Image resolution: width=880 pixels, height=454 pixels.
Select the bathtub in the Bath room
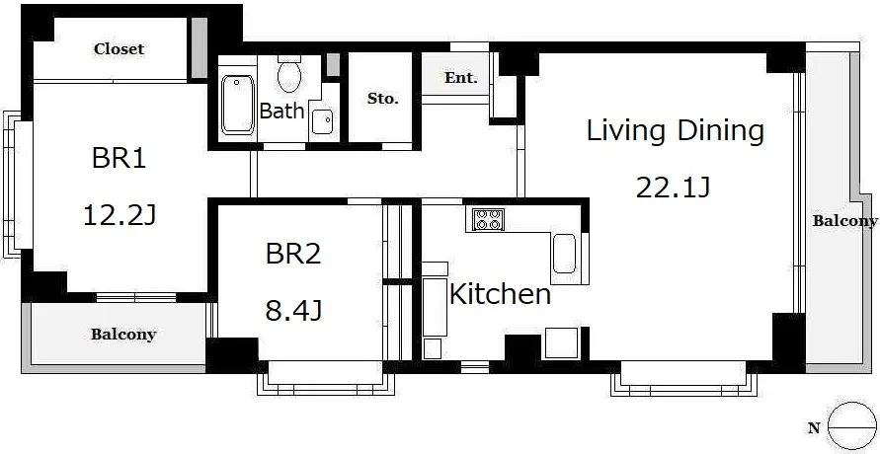237,105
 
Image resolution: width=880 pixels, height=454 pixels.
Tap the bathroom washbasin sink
322,121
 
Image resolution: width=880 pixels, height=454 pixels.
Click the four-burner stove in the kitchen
488,219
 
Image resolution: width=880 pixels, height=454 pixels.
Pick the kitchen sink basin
564,254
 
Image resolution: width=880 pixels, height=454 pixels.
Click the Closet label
119,49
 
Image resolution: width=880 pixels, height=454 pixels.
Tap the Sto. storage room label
383,100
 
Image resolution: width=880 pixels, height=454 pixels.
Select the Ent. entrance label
461,77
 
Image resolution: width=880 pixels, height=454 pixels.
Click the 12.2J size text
119,215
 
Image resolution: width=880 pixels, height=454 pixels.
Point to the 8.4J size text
293,311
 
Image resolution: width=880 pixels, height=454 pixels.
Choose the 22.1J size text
674,188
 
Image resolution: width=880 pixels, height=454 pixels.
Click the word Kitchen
500,294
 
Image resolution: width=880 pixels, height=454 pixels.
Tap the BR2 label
293,254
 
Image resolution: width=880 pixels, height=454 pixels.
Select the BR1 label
119,159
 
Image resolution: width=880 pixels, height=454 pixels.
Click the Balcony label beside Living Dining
844,221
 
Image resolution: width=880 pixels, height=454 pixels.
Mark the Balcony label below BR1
123,335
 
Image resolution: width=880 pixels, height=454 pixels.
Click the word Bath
281,111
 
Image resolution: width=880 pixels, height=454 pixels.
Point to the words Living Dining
676,131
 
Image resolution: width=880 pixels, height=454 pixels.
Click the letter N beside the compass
815,428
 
